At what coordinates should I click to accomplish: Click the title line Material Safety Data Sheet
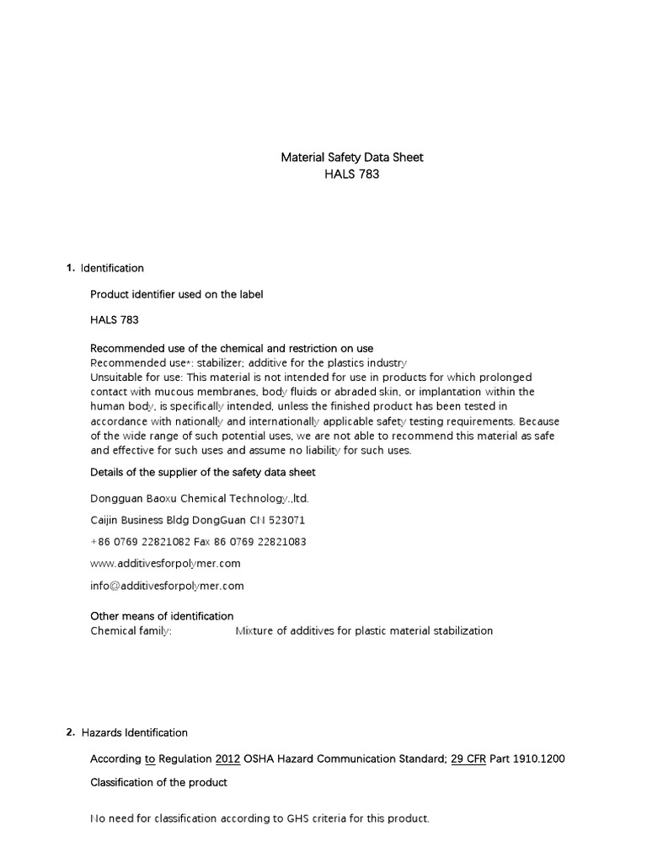tap(351, 158)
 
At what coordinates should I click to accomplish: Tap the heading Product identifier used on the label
tap(176, 294)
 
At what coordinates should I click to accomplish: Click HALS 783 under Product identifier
tap(115, 320)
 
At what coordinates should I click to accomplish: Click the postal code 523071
tap(287, 520)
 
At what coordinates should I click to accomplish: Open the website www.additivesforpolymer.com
tap(165, 563)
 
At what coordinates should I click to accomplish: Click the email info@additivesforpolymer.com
tap(167, 585)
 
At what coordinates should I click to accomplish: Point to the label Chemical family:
tap(131, 630)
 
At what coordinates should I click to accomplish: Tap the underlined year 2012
tap(228, 758)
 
